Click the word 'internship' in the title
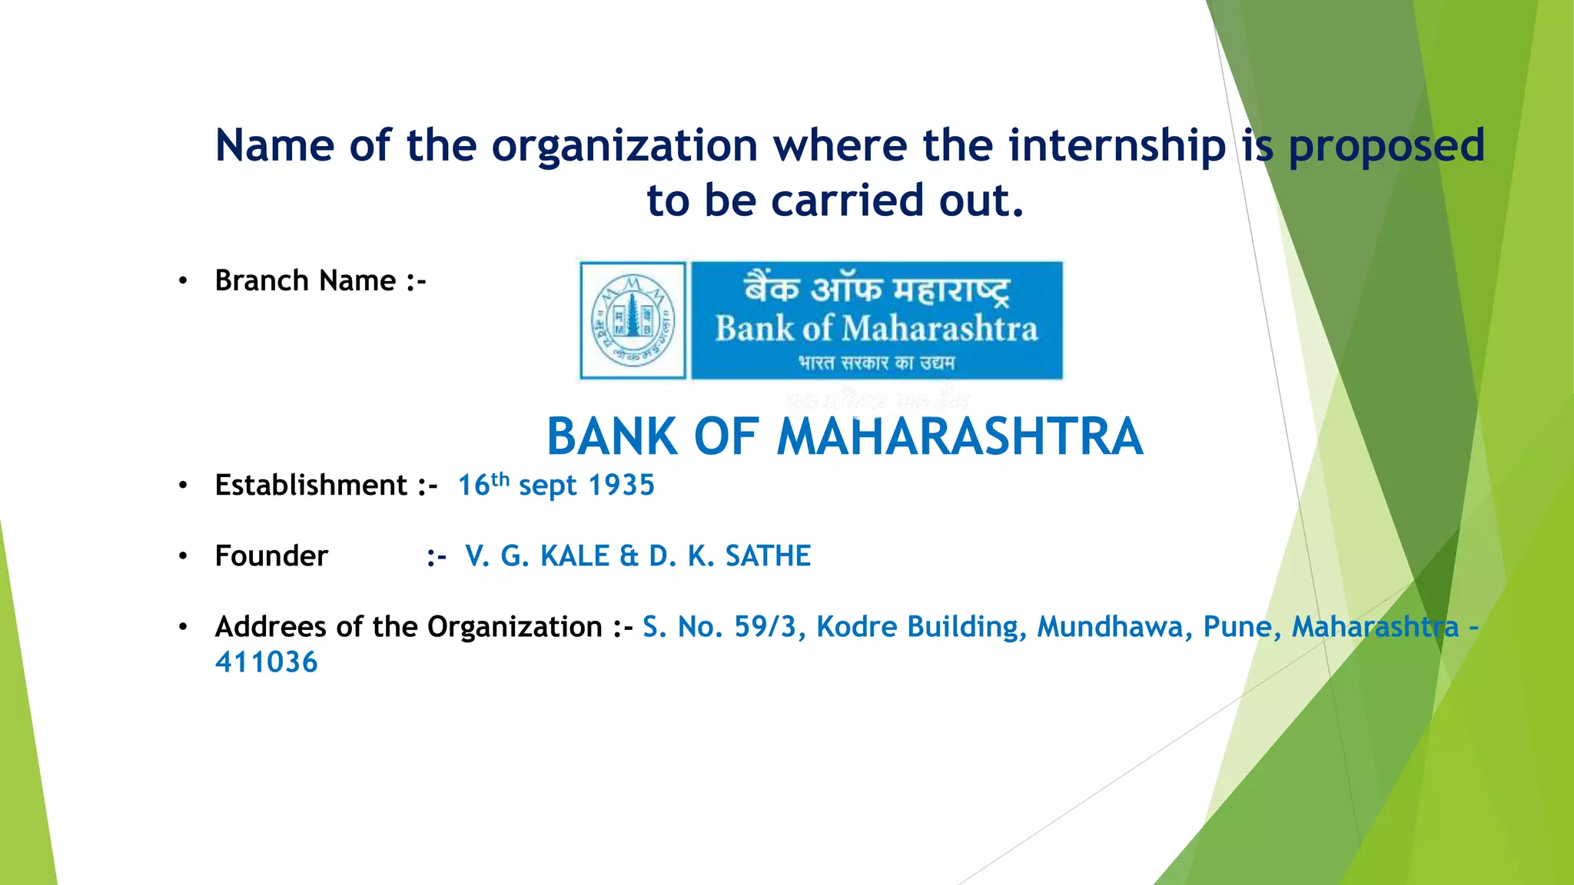tap(1117, 145)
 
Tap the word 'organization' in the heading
tap(624, 145)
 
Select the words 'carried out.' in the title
tap(897, 201)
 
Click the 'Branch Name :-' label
tap(320, 281)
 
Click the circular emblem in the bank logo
tap(633, 320)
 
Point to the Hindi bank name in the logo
tap(876, 288)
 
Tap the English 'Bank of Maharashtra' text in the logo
tap(876, 329)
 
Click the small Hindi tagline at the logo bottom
tap(876, 363)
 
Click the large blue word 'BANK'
tap(611, 437)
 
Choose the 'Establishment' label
tap(311, 486)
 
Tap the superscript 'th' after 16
tap(500, 480)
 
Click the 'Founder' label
tap(271, 556)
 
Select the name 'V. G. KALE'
tap(536, 556)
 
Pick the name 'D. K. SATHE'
tap(729, 556)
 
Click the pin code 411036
tap(266, 662)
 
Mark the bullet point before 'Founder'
tap(183, 556)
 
